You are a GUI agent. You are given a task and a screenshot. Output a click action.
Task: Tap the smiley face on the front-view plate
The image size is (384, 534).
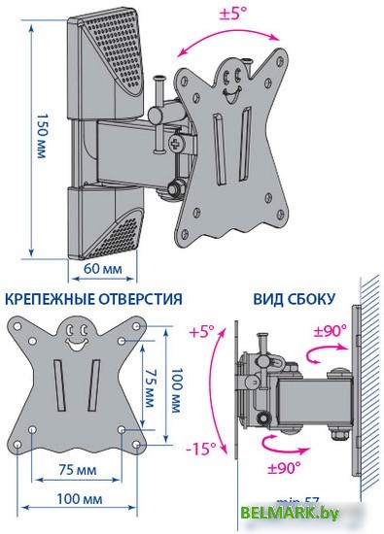coord(75,339)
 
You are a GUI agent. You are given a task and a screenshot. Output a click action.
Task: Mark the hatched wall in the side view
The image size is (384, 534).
coord(370,388)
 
